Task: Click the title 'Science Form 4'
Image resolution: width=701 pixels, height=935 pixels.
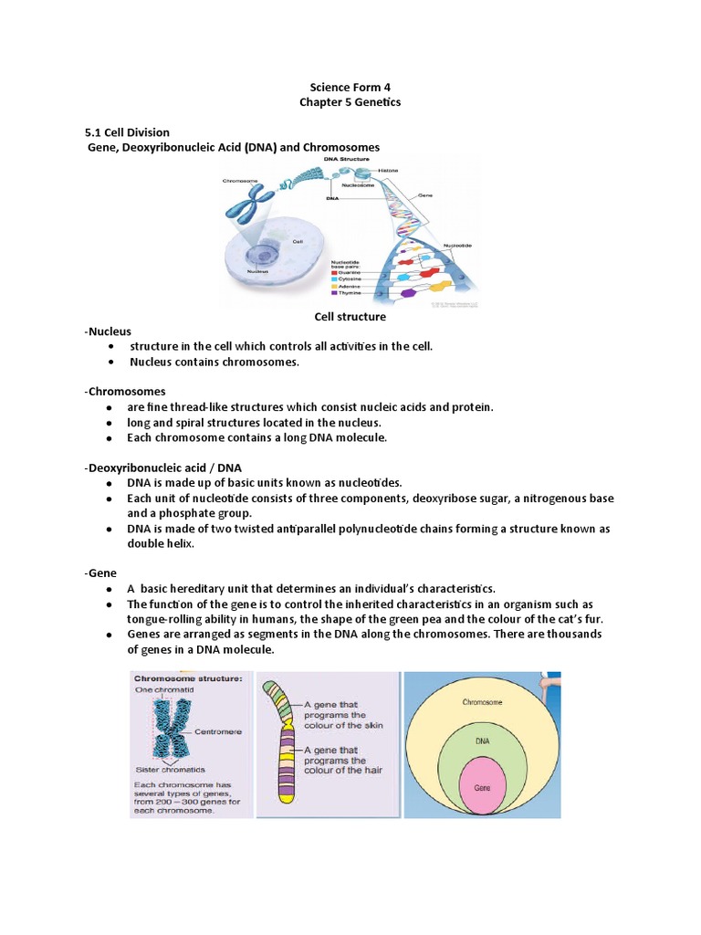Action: [350, 87]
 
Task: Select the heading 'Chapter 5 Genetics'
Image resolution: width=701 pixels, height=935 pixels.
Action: [350, 102]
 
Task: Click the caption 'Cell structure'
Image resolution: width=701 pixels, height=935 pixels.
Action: [350, 317]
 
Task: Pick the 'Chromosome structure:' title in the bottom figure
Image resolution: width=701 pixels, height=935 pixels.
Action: [189, 679]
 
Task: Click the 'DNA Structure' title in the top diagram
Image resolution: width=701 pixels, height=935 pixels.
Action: [349, 159]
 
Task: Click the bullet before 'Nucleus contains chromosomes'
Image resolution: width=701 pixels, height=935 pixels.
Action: [110, 362]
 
